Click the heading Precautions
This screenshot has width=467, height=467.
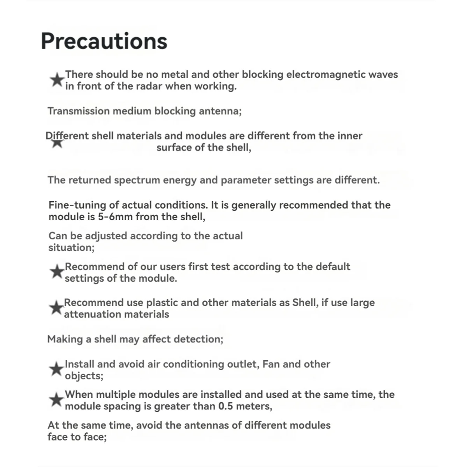104,41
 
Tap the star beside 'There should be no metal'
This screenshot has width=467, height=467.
57,80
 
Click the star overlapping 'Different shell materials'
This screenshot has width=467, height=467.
57,142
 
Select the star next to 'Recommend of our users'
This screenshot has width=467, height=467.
57,272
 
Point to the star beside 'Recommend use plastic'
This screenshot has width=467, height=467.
56,308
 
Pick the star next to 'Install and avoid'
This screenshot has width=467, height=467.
57,369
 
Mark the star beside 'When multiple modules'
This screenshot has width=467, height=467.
57,400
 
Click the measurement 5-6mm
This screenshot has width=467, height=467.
116,217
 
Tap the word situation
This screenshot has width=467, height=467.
71,248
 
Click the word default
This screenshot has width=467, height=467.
333,267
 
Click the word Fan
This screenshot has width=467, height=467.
271,364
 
